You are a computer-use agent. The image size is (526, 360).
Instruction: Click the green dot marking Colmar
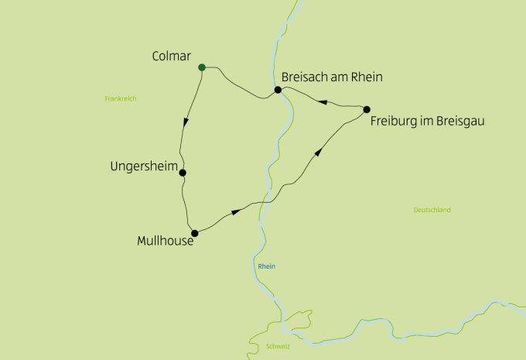tap(202, 67)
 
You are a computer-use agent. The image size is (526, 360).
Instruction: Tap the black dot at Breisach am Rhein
tap(278, 90)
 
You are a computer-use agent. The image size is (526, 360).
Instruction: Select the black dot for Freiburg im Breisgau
tap(367, 109)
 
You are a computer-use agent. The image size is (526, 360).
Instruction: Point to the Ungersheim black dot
tap(183, 173)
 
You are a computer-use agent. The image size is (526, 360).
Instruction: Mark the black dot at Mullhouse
tap(195, 233)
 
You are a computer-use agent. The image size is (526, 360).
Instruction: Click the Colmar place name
tap(172, 56)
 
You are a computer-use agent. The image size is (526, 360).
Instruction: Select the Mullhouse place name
tap(164, 241)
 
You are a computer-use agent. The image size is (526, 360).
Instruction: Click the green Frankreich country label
tap(120, 98)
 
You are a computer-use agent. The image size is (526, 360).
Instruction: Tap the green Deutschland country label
tap(432, 210)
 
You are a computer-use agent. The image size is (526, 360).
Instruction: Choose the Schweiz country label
tap(277, 346)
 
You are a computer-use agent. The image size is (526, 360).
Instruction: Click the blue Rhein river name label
tap(266, 266)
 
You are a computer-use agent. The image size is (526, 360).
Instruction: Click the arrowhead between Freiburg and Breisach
tap(323, 101)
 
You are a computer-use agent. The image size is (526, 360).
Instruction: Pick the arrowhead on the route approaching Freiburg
tap(317, 153)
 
